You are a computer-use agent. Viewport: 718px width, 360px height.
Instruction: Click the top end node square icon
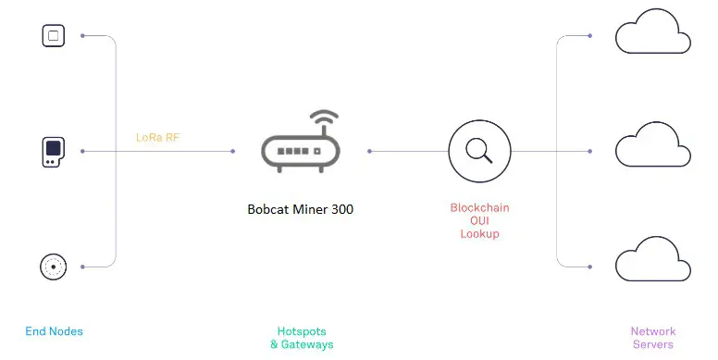(x=54, y=36)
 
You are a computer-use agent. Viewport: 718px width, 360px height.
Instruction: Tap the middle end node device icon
(x=54, y=151)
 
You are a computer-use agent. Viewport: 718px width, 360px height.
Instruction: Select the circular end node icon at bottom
(x=54, y=267)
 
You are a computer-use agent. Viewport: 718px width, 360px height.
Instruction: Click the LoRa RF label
(x=157, y=138)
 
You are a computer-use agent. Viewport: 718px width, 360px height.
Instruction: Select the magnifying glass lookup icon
(x=479, y=151)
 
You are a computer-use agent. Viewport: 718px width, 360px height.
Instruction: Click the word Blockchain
(x=479, y=208)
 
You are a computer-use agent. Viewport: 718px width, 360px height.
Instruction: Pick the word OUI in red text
(x=479, y=221)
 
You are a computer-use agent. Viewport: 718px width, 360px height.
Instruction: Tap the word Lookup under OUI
(x=479, y=234)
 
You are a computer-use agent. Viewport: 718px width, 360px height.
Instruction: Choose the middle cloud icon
(x=653, y=149)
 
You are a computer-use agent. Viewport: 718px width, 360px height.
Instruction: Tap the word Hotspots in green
(x=302, y=331)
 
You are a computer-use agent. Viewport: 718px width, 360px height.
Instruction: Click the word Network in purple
(x=653, y=331)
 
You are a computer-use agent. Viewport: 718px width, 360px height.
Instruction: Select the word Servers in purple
(x=653, y=344)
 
